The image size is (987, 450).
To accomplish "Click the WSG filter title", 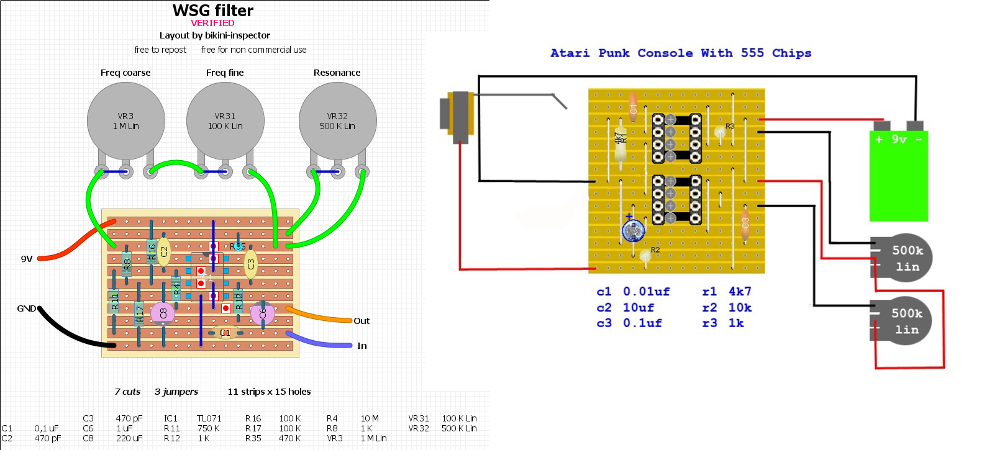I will pyautogui.click(x=213, y=11).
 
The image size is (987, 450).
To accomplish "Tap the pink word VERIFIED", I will pyautogui.click(x=212, y=23).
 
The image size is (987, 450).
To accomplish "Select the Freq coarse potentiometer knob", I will pyautogui.click(x=125, y=121).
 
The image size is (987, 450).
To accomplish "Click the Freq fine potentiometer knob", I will pyautogui.click(x=225, y=121).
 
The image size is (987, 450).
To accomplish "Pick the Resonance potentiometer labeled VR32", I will pyautogui.click(x=337, y=121).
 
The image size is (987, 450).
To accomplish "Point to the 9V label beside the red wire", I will pyautogui.click(x=27, y=259).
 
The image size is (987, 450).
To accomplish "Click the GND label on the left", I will pyautogui.click(x=26, y=308).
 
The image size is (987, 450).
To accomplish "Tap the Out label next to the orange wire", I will pyautogui.click(x=362, y=321).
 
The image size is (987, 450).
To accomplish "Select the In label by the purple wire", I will pyautogui.click(x=362, y=346).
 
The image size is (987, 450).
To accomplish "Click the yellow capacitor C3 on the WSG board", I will pyautogui.click(x=250, y=264).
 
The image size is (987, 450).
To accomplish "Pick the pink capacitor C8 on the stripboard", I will pyautogui.click(x=163, y=313).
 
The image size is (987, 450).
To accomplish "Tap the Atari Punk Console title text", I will pyautogui.click(x=681, y=53).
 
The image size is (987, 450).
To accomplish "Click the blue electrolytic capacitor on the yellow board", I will pyautogui.click(x=633, y=232).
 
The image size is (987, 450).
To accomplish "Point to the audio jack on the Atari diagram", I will pyautogui.click(x=458, y=114).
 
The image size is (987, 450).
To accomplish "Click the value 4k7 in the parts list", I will pyautogui.click(x=740, y=292).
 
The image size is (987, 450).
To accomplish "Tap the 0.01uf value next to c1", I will pyautogui.click(x=646, y=292).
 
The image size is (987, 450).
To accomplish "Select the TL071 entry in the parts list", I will pyautogui.click(x=209, y=418).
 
